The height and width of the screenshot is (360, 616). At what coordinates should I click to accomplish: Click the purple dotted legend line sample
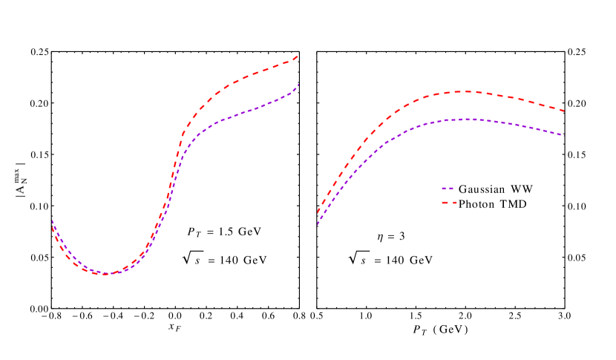coord(448,189)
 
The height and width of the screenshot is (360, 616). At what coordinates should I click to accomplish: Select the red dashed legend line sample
coord(449,203)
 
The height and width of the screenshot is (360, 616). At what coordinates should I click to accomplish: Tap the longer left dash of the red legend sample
coord(445,203)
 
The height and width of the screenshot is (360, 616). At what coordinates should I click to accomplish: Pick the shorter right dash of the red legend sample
coord(454,203)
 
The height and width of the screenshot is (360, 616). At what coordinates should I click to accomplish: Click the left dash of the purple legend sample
coord(444,189)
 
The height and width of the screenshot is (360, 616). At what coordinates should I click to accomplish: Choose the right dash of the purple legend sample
coord(451,189)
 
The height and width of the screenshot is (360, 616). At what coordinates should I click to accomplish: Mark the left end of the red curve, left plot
coord(52,227)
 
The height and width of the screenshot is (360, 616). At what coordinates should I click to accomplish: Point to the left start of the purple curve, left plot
coord(52,220)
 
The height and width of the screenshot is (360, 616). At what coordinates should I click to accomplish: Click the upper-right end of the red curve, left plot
coord(298,56)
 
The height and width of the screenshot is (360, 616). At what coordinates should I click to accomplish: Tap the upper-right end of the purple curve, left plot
coord(298,84)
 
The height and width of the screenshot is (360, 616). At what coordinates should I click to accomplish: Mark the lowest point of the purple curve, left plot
coord(107,274)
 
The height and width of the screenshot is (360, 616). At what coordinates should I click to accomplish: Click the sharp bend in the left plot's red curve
coord(182,136)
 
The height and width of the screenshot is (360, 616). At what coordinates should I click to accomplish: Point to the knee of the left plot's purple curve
coord(185,151)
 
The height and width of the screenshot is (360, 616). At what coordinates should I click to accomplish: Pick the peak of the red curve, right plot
coord(466,91)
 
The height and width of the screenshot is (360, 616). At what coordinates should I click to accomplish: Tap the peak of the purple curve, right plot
coord(468,119)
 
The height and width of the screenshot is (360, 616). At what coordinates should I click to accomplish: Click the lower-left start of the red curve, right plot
coord(318,212)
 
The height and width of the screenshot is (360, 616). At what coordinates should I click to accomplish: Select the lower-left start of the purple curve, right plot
coord(318,223)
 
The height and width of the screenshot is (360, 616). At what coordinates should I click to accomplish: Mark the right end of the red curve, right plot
coord(565,111)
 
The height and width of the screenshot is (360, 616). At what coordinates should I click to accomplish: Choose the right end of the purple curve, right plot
coord(565,136)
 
